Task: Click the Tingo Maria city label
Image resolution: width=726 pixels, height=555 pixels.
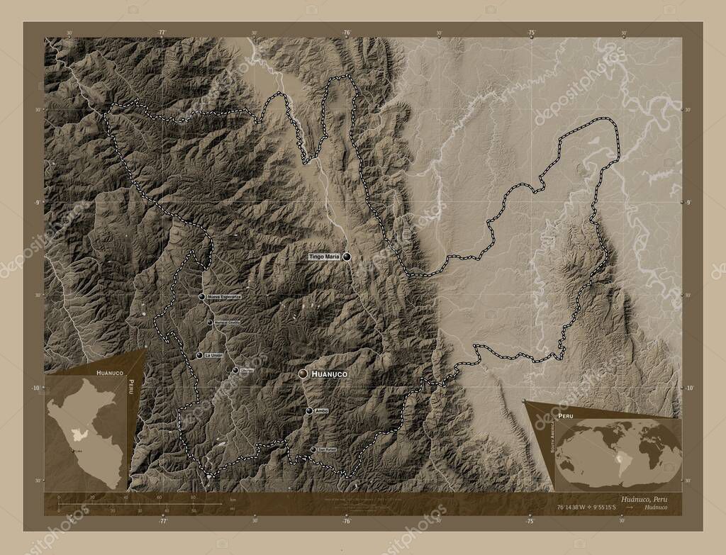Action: click(325, 256)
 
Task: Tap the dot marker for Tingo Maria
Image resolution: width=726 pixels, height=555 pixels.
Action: click(347, 257)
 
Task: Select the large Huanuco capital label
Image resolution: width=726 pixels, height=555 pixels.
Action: click(331, 373)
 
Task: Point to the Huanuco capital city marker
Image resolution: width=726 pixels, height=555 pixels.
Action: click(303, 374)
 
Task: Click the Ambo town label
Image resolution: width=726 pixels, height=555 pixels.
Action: click(322, 410)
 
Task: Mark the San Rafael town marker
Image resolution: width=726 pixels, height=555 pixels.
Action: click(313, 449)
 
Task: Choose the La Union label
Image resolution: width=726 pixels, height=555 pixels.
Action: click(213, 355)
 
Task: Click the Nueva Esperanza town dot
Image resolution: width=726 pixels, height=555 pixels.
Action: click(202, 297)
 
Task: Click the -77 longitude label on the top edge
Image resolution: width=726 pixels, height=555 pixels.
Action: click(162, 33)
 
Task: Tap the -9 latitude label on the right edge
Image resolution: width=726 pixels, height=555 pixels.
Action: click(686, 202)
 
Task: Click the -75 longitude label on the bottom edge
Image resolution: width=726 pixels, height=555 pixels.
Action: click(530, 521)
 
